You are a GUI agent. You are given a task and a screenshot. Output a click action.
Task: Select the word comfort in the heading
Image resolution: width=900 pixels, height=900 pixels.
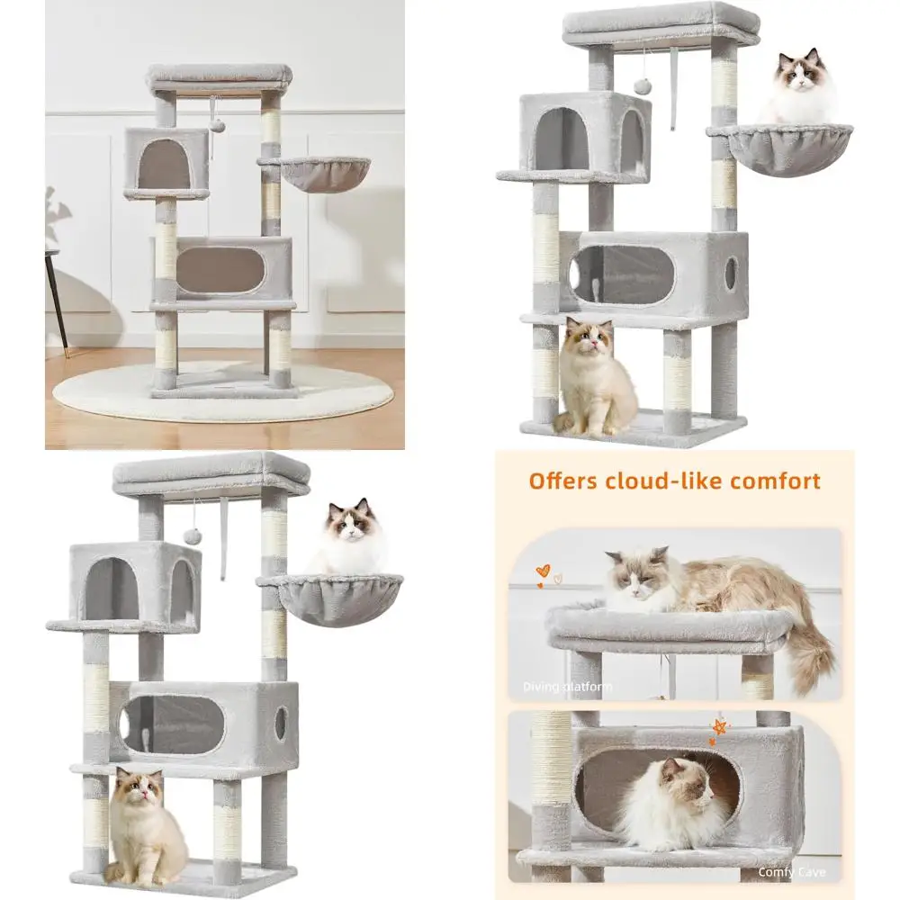(x=777, y=481)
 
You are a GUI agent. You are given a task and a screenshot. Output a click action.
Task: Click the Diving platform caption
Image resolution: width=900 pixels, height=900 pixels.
(x=569, y=688)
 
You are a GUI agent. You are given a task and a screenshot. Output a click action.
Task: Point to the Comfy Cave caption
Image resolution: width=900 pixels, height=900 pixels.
(x=792, y=872)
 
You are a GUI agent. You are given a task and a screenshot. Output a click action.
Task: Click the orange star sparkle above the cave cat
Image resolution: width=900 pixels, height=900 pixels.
(x=718, y=727)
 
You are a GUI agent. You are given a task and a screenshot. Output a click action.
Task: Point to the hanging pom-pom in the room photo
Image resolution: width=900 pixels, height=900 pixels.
(x=217, y=125)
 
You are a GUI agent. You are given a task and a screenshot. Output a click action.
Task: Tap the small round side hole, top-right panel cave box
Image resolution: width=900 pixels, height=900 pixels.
(x=731, y=273)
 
